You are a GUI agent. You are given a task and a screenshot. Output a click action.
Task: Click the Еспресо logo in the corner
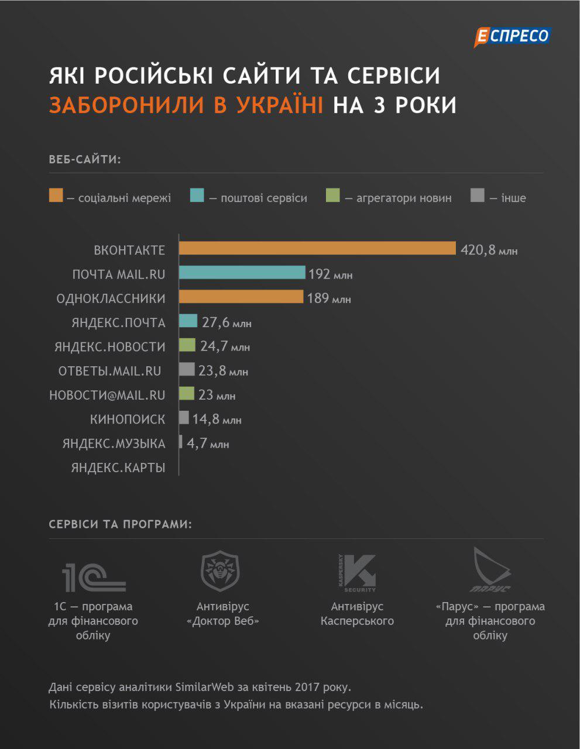512,37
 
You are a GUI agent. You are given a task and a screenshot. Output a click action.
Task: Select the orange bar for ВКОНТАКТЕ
317,249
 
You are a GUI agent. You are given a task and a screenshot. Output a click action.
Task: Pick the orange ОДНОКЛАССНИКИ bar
241,297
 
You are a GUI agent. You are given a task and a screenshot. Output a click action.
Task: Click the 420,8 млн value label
489,250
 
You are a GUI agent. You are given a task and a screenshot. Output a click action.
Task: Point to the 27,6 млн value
226,322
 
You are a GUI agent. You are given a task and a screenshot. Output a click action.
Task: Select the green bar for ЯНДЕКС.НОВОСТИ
187,345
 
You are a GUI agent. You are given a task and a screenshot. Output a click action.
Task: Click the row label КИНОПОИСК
128,420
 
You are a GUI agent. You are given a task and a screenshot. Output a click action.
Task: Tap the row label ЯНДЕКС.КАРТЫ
118,468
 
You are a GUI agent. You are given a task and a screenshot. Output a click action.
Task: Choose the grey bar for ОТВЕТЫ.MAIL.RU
187,369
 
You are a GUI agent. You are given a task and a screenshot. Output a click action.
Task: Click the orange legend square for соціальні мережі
56,196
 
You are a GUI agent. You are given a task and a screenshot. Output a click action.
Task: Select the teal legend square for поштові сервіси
197,196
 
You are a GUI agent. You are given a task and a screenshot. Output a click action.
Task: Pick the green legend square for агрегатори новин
332,196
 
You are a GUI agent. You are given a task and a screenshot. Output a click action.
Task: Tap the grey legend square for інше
477,196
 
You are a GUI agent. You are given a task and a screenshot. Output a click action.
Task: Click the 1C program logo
94,576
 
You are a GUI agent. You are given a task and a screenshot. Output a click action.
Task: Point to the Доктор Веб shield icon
220,572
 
